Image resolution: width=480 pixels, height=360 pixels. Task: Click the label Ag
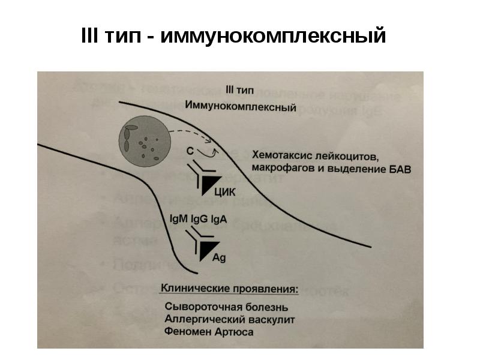(220, 257)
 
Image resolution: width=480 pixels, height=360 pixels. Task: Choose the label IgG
(199, 219)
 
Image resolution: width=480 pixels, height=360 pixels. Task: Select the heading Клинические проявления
(229, 289)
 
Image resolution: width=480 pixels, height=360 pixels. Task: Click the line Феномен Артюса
(200, 332)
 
